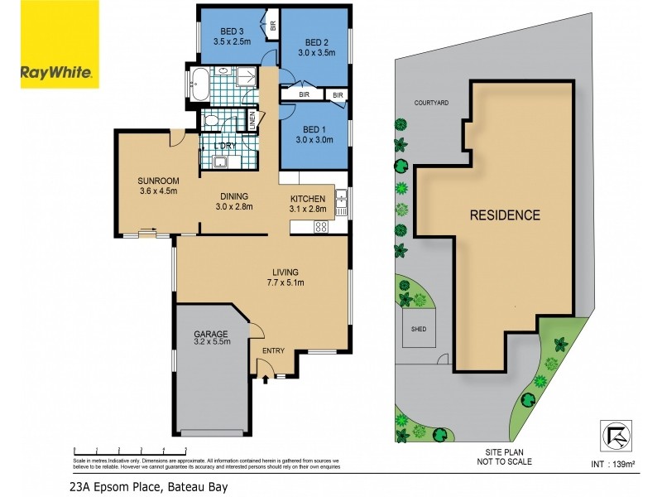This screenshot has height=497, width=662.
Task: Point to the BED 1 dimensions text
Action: point(314,140)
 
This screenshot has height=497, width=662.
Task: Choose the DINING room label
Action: point(235,197)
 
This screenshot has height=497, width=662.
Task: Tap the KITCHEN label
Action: point(305,199)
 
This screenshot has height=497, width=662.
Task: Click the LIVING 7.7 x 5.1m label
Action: point(285,277)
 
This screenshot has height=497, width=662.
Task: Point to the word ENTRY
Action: point(273,351)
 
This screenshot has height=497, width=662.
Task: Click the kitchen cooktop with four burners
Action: point(321,226)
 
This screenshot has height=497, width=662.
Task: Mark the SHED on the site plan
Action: point(415,328)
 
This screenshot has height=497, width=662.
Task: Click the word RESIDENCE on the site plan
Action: point(505,215)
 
